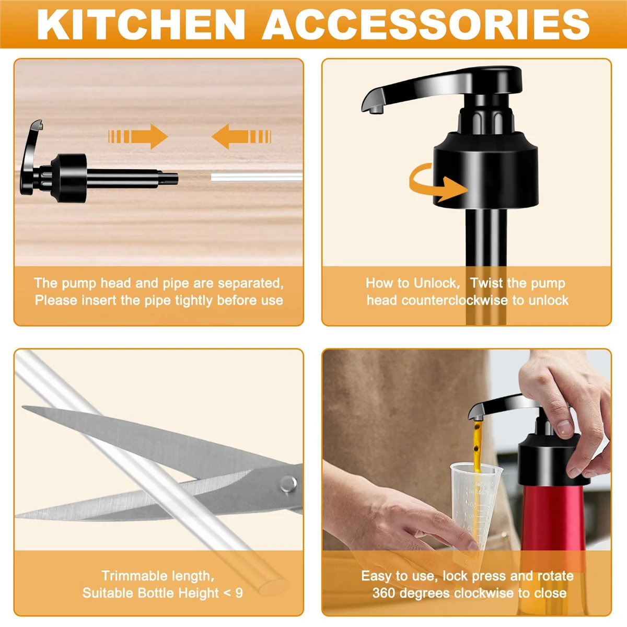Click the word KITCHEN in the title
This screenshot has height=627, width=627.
pyautogui.click(x=141, y=24)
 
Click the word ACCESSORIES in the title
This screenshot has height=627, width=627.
pyautogui.click(x=426, y=24)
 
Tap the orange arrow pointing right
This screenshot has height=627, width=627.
pyautogui.click(x=138, y=137)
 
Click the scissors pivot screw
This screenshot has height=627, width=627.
pyautogui.click(x=287, y=483)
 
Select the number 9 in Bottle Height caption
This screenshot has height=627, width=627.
pyautogui.click(x=239, y=593)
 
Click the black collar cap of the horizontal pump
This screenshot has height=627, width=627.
pyautogui.click(x=71, y=178)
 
